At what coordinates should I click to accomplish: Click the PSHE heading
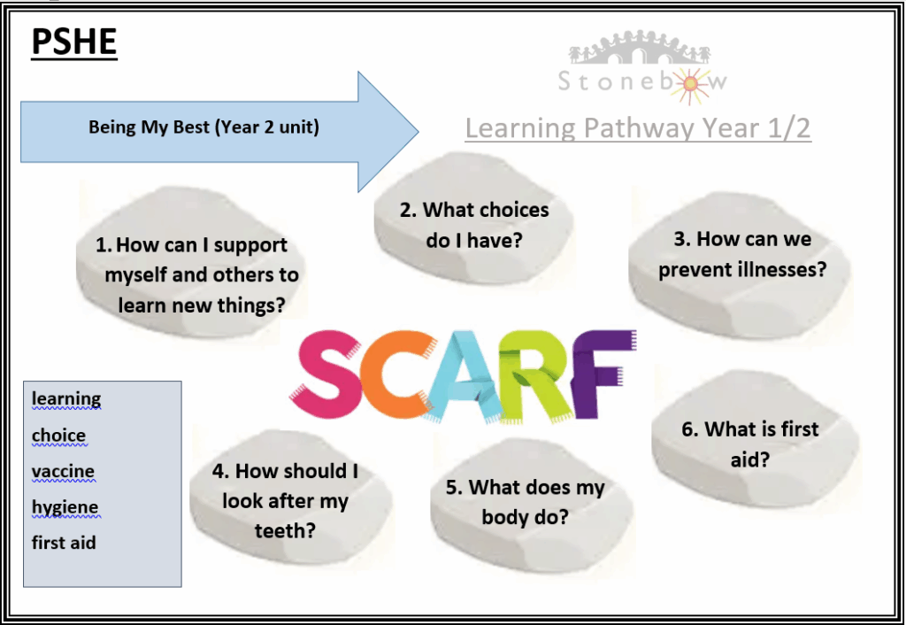(74, 42)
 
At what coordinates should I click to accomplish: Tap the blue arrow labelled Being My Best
(219, 132)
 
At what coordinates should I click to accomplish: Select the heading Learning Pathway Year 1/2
(638, 128)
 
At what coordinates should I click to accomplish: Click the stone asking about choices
(473, 219)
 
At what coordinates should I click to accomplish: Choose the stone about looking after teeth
(290, 498)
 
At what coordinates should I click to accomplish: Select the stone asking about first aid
(755, 438)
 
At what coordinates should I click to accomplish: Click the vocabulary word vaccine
(63, 472)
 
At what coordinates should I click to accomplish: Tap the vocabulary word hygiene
(65, 508)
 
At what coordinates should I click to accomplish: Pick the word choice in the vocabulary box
(59, 436)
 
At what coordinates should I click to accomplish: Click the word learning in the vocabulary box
(66, 399)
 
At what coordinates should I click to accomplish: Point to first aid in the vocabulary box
(64, 543)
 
